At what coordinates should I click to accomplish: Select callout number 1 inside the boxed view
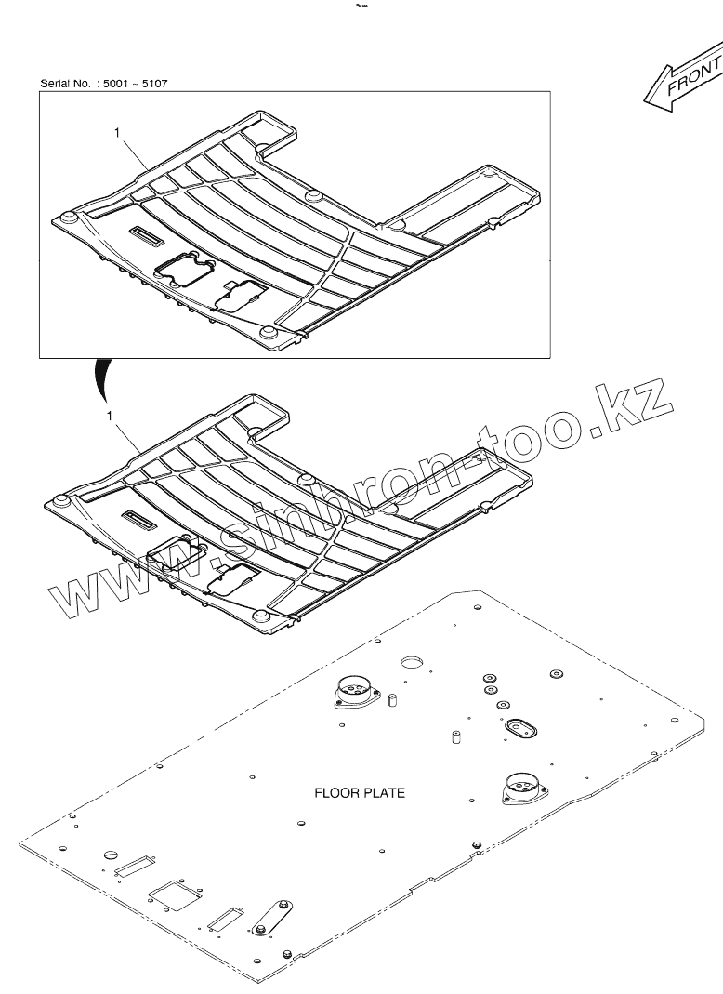pyautogui.click(x=117, y=134)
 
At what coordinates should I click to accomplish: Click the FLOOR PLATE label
pyautogui.click(x=360, y=793)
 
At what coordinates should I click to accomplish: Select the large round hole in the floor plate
pyautogui.click(x=412, y=662)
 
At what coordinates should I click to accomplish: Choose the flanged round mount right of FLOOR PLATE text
pyautogui.click(x=519, y=788)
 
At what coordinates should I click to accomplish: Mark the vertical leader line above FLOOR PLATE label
pyautogui.click(x=268, y=716)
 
